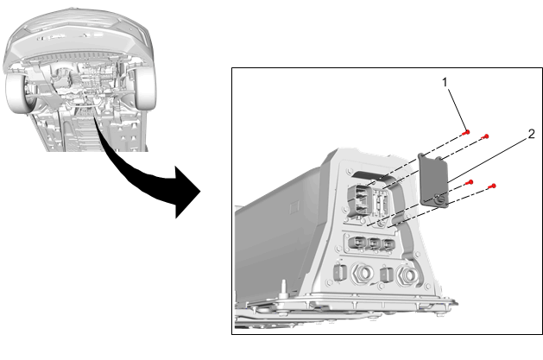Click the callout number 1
click(445, 82)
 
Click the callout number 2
click(532, 134)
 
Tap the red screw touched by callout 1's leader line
click(467, 132)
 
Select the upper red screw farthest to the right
click(485, 136)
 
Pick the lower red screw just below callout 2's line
click(470, 182)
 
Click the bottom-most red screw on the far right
click(492, 186)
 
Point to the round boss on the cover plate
click(440, 200)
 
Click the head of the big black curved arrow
click(187, 192)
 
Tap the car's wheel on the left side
click(19, 92)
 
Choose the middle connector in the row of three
click(374, 244)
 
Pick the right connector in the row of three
click(388, 245)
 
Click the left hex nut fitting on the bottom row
click(363, 274)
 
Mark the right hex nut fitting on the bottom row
click(408, 275)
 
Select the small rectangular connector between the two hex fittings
click(385, 275)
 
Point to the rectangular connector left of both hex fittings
click(338, 272)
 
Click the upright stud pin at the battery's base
click(284, 288)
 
